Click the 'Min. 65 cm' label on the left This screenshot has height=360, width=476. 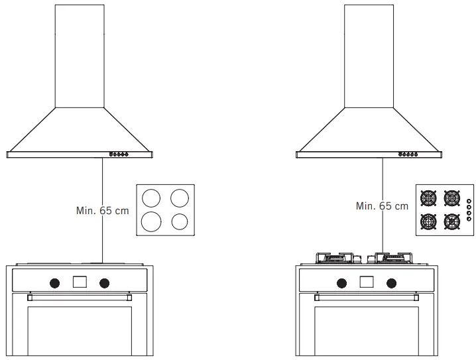coord(103,211)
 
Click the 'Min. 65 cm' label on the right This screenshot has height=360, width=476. coord(382,206)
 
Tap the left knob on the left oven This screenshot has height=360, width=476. coord(54,282)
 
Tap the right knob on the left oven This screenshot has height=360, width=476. coord(104,282)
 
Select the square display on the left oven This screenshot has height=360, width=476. coord(80,282)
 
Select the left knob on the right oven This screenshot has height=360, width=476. coord(341,282)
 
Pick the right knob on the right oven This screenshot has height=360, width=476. coord(392,282)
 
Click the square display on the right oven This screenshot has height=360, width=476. coord(367,282)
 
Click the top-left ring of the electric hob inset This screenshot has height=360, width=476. coord(151,198)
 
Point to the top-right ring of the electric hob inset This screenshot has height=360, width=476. coord(179,198)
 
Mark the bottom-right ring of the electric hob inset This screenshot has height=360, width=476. coord(180,221)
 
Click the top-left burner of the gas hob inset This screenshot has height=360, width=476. coord(430,198)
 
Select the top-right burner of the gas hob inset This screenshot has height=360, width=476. coord(453,198)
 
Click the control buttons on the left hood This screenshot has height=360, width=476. coord(119,155)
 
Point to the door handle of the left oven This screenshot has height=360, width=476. coord(80,298)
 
